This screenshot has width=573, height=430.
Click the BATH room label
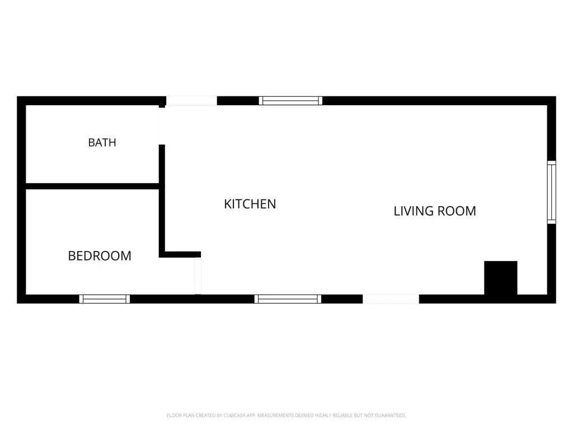(102, 142)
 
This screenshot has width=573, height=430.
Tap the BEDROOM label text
(100, 255)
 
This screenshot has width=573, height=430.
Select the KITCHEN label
(250, 204)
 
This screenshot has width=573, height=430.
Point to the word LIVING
(414, 211)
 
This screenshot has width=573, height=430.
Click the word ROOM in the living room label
(457, 211)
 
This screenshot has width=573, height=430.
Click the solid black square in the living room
(501, 278)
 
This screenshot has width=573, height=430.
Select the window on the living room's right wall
(551, 192)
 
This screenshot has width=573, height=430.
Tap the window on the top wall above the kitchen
(290, 101)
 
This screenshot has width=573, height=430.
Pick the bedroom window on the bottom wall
(105, 299)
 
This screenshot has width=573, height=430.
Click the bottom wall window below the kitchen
(288, 299)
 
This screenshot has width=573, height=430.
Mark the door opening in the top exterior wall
(191, 101)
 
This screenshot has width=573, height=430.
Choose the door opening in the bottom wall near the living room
(391, 299)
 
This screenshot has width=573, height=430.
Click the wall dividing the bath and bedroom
(92, 186)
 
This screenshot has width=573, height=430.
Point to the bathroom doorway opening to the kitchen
(161, 126)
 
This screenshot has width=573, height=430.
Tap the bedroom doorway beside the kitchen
(198, 275)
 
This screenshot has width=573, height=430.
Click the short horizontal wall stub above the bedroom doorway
(183, 255)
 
